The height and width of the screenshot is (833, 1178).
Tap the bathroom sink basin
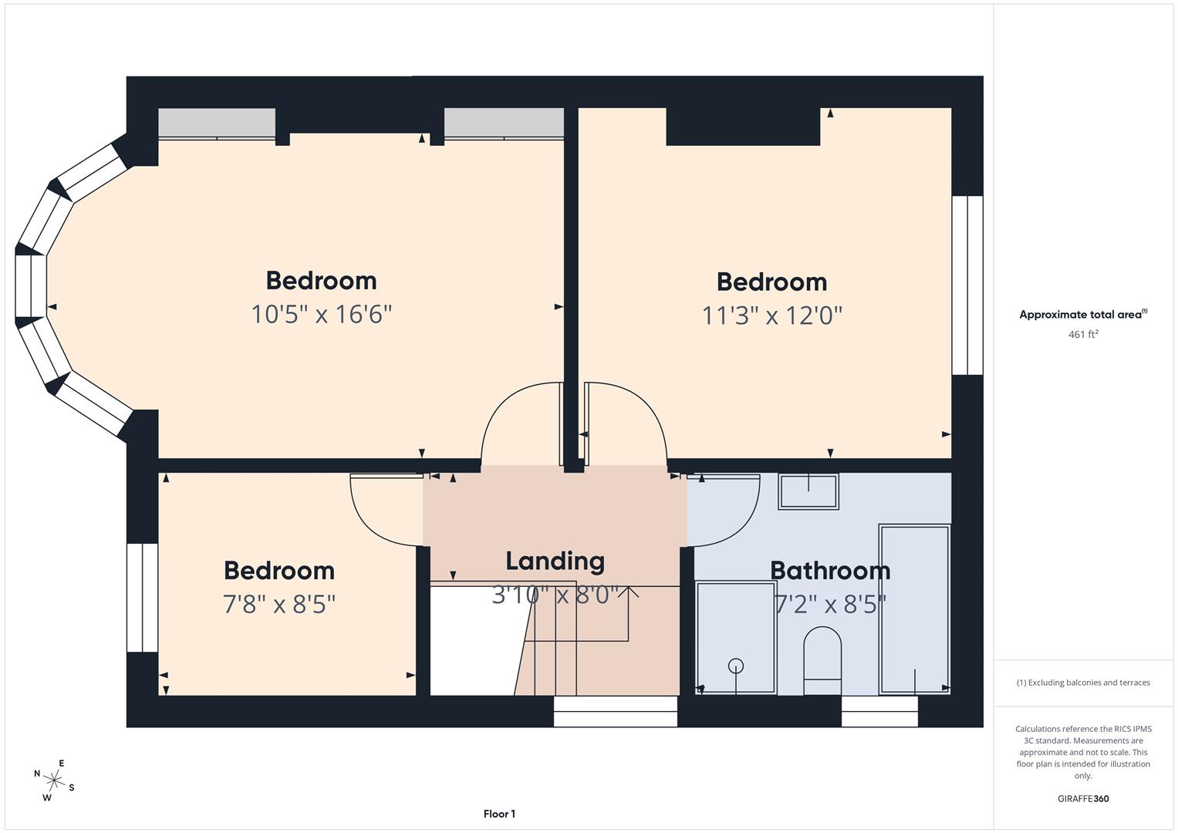coord(808,491)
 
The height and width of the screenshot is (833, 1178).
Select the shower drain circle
coord(735,666)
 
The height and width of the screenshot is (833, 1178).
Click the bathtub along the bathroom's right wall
coord(914,609)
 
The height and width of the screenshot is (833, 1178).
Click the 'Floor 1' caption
coord(499,814)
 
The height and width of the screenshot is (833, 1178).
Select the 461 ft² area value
coord(1082,335)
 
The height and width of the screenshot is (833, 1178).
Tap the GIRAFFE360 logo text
coord(1082,798)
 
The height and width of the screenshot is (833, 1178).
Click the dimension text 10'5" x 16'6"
coord(321,315)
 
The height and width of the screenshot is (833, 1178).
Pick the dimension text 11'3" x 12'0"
coord(771,315)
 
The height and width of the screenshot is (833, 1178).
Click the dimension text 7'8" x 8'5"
coord(278,604)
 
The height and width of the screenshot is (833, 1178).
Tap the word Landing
coord(555,561)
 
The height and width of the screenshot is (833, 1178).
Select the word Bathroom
coord(830,571)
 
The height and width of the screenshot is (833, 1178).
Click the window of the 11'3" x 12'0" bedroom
coord(967,285)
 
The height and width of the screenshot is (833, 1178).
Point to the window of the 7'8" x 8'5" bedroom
coord(142,598)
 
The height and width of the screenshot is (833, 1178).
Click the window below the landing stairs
coord(616,711)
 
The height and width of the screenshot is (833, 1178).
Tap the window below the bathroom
coord(879,711)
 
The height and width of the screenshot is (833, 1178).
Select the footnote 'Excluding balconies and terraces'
coord(1082,683)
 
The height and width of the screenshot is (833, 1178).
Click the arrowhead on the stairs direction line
coord(629,592)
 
